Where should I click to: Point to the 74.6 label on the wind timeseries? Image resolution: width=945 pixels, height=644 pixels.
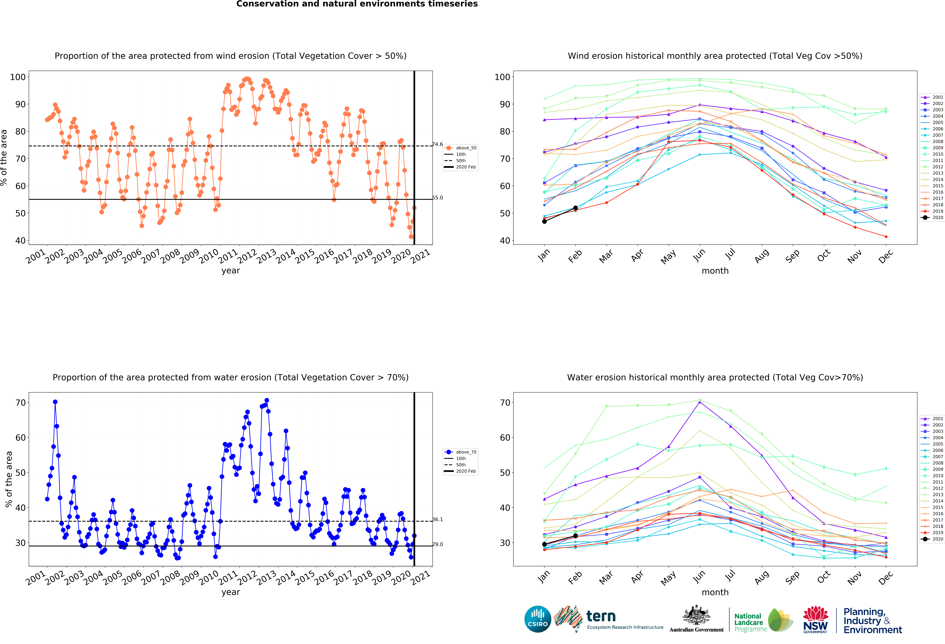[438, 144]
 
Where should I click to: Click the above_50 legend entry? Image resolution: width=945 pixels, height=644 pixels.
[461, 148]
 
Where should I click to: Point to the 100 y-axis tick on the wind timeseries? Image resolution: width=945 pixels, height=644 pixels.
[18, 77]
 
